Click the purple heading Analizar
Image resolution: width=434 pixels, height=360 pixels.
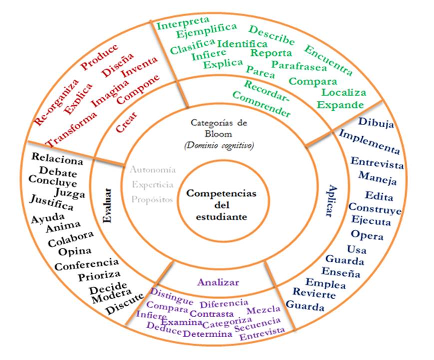(218, 282)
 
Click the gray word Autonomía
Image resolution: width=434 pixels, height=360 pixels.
(152, 170)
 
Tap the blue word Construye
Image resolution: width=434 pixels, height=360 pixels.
(375, 208)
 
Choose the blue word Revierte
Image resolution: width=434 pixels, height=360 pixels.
(314, 293)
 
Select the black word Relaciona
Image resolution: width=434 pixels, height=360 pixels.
(57, 159)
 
